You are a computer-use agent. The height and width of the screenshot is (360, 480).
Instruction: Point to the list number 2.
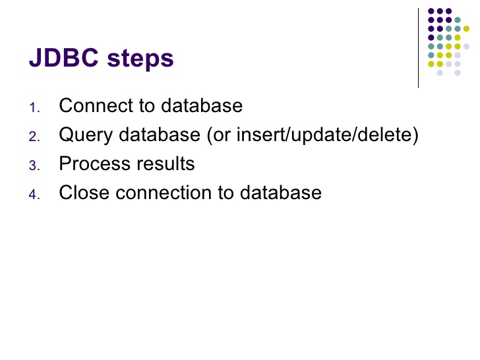pyautogui.click(x=34, y=137)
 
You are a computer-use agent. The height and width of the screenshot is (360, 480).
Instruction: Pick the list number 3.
pyautogui.click(x=34, y=166)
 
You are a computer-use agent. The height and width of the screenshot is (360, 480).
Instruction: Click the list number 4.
pyautogui.click(x=34, y=195)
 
